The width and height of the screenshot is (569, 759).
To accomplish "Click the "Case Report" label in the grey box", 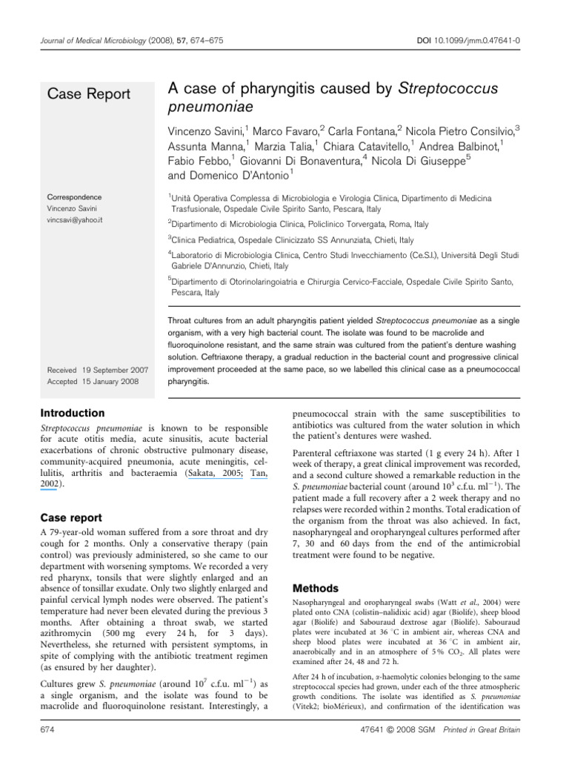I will pyautogui.click(x=89, y=93).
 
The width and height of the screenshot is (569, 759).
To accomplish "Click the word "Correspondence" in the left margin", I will pyautogui.click(x=75, y=198).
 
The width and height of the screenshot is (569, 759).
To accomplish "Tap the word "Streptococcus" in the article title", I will pyautogui.click(x=448, y=89).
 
